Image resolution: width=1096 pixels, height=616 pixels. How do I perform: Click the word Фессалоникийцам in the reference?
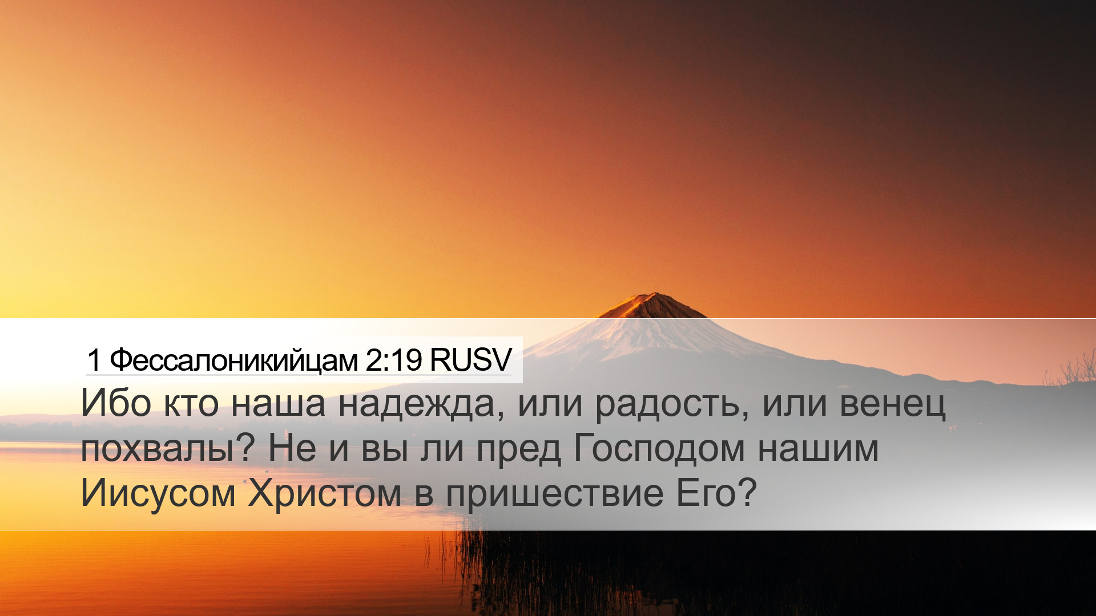[x=233, y=360]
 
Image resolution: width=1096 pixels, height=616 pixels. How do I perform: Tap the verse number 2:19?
[x=393, y=360]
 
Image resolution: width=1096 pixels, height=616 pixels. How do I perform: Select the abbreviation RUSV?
[x=470, y=360]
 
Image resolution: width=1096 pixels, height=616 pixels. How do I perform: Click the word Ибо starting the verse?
[x=115, y=403]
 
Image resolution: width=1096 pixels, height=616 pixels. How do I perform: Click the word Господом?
[x=659, y=449]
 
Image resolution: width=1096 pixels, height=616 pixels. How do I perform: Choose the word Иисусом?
[x=158, y=493]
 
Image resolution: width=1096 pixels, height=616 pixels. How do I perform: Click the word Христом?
[x=324, y=493]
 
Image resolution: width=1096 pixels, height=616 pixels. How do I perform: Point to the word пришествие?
[x=554, y=494]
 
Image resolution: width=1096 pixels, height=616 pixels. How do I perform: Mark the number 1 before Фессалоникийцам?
[x=94, y=360]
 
